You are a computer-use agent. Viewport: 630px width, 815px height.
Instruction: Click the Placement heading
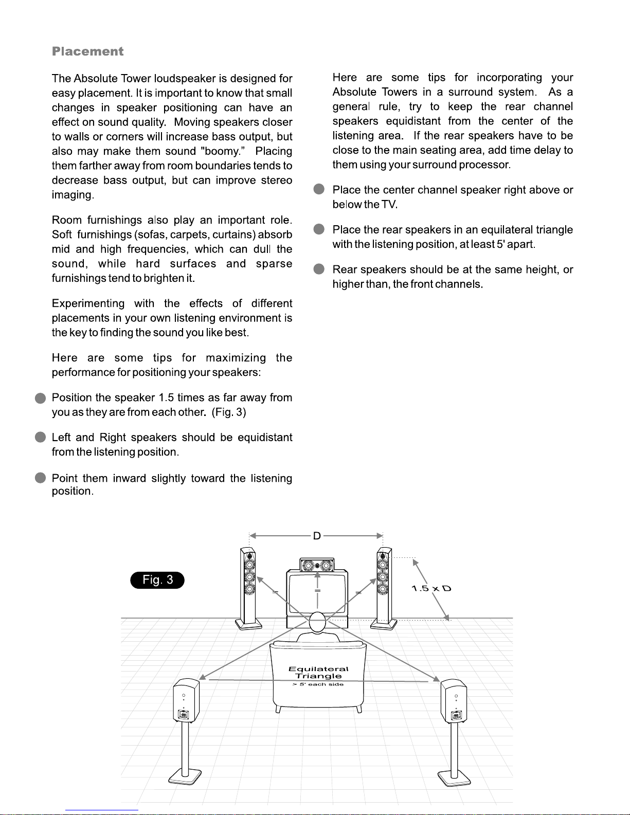tap(87, 51)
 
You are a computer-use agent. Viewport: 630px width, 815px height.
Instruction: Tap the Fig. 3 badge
tap(157, 580)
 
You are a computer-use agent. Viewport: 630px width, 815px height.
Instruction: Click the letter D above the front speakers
tap(317, 536)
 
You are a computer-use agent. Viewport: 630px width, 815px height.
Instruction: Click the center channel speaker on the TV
tap(317, 566)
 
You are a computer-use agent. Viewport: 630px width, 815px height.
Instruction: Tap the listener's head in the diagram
tap(317, 622)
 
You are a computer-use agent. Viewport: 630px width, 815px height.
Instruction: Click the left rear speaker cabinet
tap(186, 700)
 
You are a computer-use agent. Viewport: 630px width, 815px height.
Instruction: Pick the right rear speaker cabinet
tap(454, 701)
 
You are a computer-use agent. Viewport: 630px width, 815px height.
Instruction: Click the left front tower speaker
tap(248, 586)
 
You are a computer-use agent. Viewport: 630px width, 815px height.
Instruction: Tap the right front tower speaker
tap(384, 586)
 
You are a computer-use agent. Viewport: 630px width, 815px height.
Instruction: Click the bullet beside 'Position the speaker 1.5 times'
tap(41, 398)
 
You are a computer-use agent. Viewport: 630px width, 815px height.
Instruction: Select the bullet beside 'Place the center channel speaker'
tap(319, 190)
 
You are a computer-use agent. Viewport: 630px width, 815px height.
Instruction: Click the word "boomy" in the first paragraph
tap(219, 152)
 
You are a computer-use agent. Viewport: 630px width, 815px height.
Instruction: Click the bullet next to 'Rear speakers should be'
tap(319, 269)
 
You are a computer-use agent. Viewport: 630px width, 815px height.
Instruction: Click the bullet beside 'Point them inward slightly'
tap(41, 478)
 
